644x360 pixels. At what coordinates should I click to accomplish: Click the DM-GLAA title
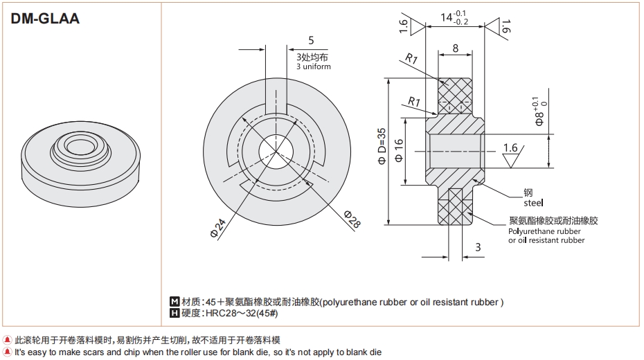tap(46, 19)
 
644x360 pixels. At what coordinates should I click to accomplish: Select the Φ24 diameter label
tap(217, 228)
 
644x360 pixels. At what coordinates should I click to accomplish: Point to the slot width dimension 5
tap(311, 40)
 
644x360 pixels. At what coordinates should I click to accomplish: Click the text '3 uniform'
tap(313, 67)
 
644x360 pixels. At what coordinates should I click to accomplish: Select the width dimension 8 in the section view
tap(454, 48)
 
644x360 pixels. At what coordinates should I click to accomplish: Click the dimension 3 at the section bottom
tap(478, 246)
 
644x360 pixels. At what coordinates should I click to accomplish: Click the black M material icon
tap(175, 302)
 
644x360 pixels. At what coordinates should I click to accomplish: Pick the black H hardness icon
tap(175, 314)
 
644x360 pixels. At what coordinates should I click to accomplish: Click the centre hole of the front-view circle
tap(275, 151)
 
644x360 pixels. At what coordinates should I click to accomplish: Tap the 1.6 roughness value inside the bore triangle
tap(510, 147)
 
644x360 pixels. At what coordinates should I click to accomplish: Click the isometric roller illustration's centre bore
tap(82, 145)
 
